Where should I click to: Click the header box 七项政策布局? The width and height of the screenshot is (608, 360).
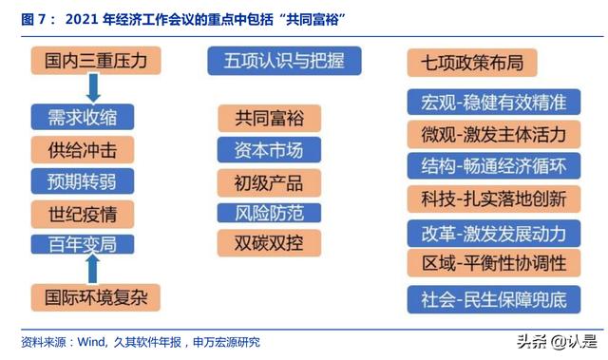tap(472, 63)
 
